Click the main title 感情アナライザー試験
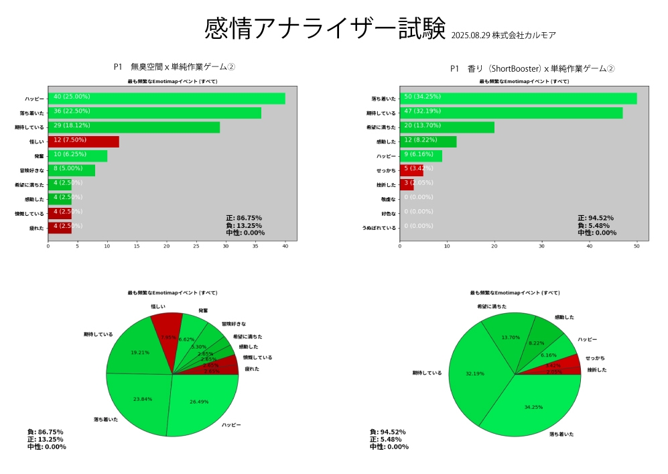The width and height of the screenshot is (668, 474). (x=324, y=29)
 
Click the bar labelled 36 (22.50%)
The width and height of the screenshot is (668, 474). (x=154, y=113)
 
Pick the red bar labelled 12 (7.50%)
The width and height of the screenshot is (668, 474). (x=83, y=141)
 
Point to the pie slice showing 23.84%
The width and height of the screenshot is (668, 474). (x=141, y=402)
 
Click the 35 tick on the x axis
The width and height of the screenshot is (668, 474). (x=255, y=246)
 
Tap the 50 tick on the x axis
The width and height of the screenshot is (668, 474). (x=637, y=246)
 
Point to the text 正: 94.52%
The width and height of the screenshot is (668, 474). (x=596, y=218)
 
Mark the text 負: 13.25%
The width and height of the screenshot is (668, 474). (x=244, y=225)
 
